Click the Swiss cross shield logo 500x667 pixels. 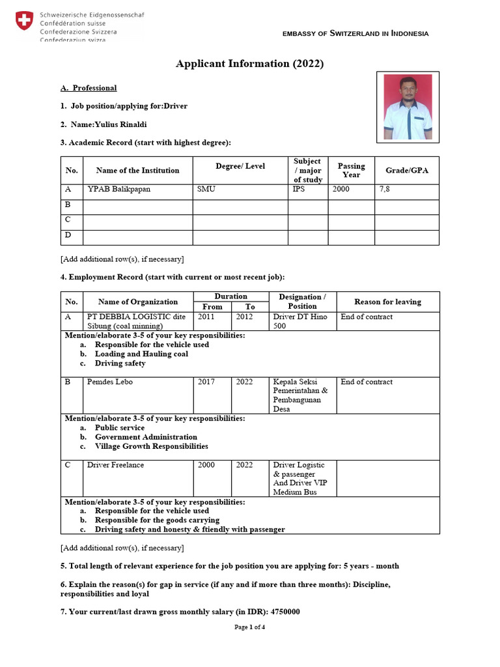coord(23,21)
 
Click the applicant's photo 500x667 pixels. coord(408,107)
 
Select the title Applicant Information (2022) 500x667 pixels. coord(249,64)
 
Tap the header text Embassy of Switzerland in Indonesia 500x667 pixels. coord(355,34)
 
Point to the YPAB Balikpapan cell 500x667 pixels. coord(118,190)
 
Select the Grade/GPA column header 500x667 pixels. coord(406,170)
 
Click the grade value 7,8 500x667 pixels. coord(385,190)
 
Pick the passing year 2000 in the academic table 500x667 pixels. coord(340,190)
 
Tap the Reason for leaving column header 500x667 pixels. coord(387,302)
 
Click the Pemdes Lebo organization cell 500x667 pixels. coord(109,382)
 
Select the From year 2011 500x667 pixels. coord(206,317)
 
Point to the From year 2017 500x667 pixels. coord(206,382)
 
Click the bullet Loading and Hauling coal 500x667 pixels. coord(141,354)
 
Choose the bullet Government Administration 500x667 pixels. coord(146,437)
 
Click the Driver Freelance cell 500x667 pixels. coord(115,465)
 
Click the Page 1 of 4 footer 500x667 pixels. coord(249,627)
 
